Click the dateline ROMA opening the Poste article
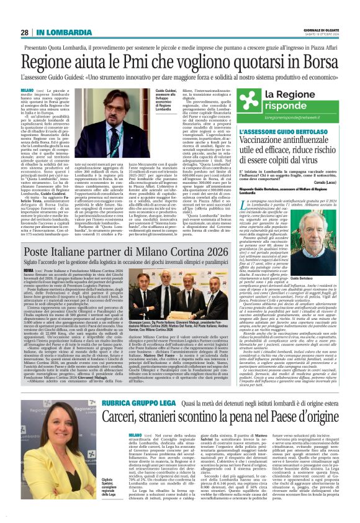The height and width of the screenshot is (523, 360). point(27,271)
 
